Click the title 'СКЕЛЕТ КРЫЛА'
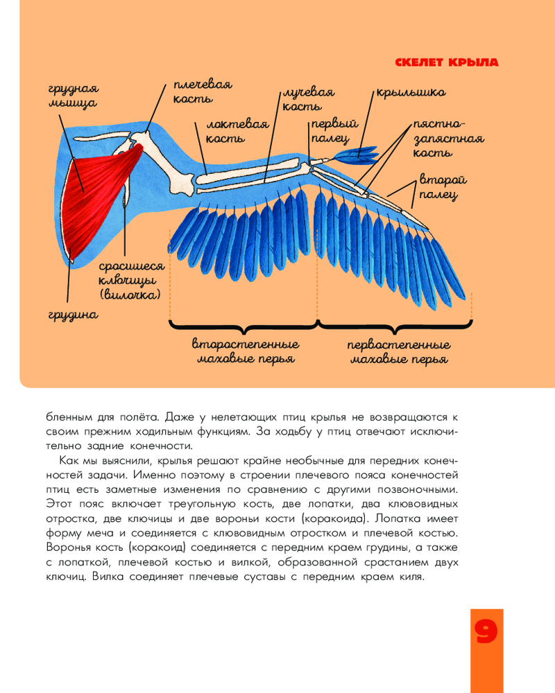point(446,62)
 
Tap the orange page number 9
point(486,633)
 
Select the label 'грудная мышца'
point(73,96)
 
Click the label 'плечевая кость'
point(201,90)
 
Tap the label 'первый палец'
point(334,130)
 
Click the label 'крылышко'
point(411,92)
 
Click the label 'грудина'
point(73,315)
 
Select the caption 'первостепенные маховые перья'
point(398,351)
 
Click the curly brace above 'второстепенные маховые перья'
point(244,324)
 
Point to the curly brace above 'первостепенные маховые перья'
point(396,324)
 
